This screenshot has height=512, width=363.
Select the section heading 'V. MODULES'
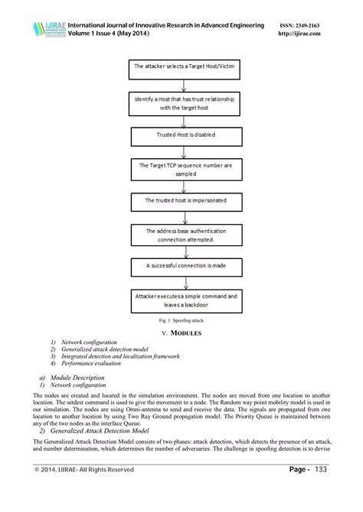(181, 333)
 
